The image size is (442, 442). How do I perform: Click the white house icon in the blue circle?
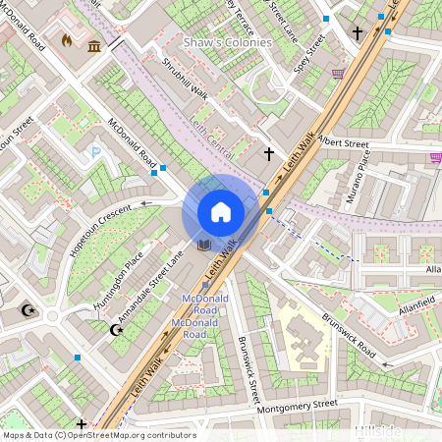(220, 212)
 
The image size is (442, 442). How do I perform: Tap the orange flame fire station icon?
(67, 42)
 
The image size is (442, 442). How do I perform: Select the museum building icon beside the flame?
(93, 46)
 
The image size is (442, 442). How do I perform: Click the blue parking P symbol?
(95, 151)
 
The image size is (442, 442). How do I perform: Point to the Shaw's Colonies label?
(228, 43)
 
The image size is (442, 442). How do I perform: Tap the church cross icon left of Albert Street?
(268, 154)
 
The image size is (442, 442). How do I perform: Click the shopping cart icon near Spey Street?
(338, 74)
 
